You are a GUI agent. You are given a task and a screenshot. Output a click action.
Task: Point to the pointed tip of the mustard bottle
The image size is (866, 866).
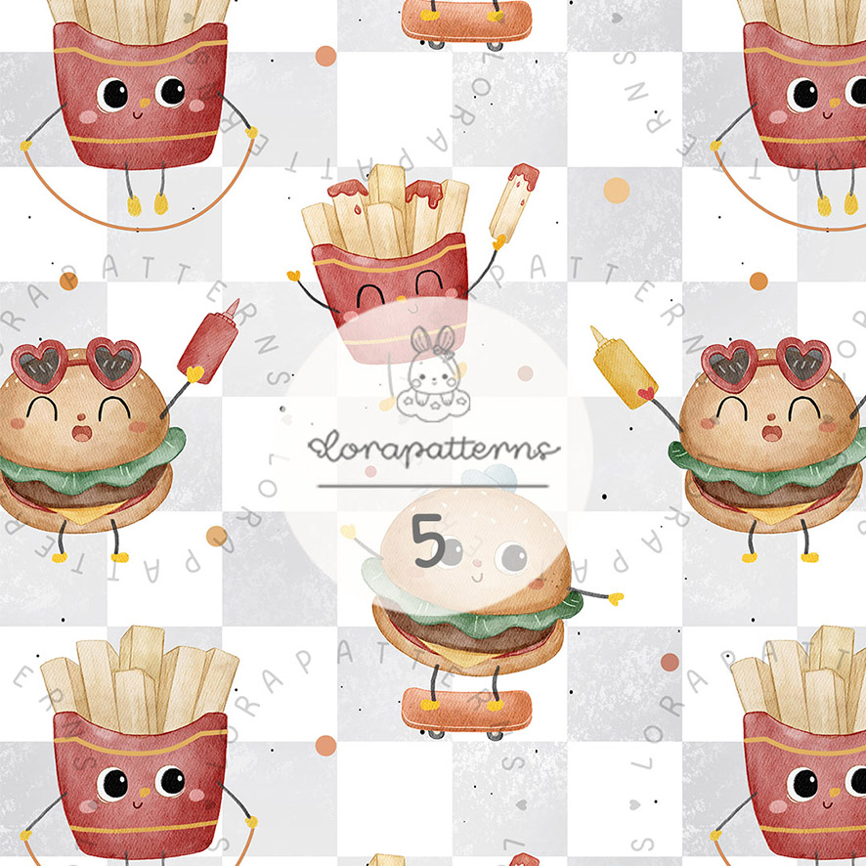tap(593, 328)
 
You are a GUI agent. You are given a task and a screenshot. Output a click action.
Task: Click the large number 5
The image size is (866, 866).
tap(428, 541)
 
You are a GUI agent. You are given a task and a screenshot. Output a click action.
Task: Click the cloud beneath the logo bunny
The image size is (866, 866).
tap(434, 405)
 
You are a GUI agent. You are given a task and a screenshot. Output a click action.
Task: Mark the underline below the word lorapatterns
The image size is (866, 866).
tap(433, 487)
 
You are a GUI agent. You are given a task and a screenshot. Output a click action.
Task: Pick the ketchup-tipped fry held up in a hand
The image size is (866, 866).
tap(513, 202)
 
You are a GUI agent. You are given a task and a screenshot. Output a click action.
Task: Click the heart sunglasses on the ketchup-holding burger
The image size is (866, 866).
tap(76, 364)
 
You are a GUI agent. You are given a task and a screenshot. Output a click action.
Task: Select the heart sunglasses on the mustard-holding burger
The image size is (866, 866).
tap(766, 364)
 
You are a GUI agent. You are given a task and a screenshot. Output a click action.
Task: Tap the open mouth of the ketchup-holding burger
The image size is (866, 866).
tap(82, 432)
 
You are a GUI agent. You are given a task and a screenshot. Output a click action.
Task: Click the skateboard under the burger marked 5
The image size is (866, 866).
tap(466, 713)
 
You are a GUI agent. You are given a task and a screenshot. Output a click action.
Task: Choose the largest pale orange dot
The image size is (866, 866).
tap(617, 191)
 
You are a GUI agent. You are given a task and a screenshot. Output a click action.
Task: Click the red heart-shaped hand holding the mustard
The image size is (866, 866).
tap(646, 393)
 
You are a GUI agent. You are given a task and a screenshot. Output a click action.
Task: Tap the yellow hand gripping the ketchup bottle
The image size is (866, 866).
tap(194, 374)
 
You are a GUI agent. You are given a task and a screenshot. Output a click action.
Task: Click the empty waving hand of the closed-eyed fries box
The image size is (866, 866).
tap(293, 275)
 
